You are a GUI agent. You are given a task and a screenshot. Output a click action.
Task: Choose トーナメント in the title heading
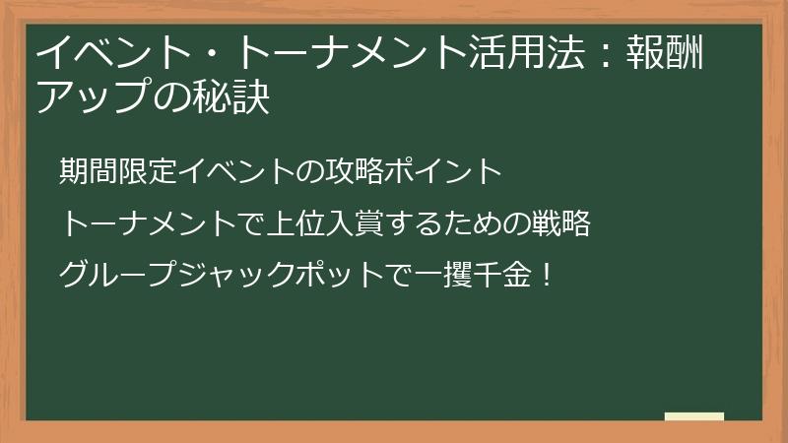point(331,51)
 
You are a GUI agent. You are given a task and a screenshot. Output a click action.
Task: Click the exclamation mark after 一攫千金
point(546,274)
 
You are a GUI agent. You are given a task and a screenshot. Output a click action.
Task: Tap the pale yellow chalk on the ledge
point(694,416)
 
